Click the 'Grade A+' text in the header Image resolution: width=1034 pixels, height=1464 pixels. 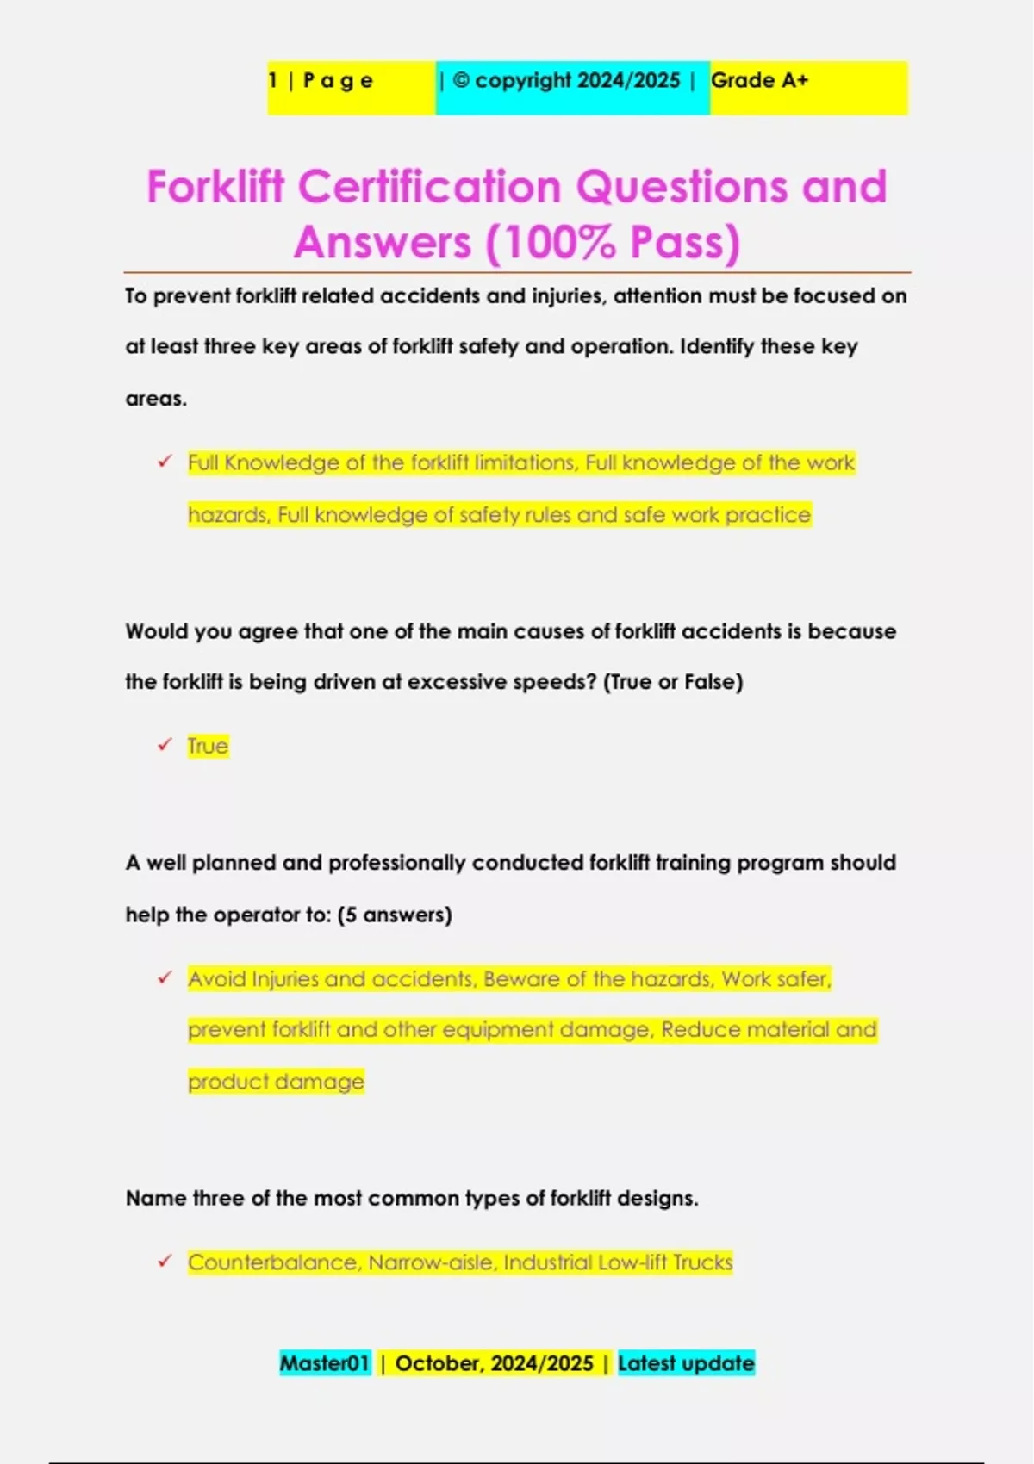[759, 81]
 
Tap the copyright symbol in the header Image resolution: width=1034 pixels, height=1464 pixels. [461, 80]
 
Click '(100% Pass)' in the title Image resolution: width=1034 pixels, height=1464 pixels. [613, 242]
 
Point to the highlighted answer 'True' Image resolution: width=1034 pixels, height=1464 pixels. [208, 746]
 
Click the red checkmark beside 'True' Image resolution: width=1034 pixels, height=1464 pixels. [165, 745]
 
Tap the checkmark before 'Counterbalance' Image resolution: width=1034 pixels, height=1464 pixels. [165, 1261]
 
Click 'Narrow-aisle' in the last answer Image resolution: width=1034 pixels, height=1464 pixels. [432, 1262]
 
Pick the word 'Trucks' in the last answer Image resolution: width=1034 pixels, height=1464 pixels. [702, 1262]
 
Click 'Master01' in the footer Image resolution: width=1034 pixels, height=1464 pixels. [324, 1363]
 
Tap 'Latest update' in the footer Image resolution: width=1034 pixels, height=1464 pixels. [686, 1363]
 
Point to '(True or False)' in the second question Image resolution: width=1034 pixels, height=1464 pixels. [673, 682]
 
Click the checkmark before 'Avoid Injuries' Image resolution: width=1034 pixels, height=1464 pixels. [165, 977]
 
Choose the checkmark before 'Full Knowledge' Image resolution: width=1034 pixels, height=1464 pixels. [165, 462]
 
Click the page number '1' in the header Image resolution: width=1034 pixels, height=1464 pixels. [273, 81]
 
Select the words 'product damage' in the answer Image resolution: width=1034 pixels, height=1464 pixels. [276, 1082]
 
